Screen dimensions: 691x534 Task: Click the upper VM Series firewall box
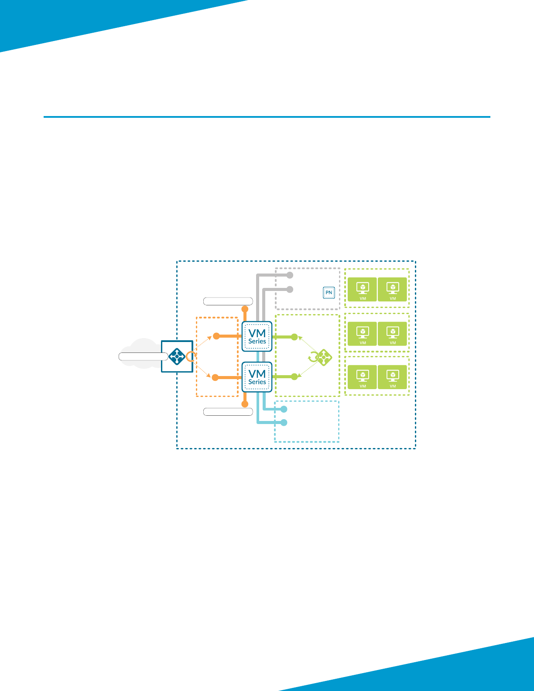coord(257,336)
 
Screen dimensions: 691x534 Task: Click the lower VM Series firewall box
coord(257,377)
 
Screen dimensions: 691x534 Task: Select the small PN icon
coord(329,292)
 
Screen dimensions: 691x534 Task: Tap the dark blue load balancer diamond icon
coord(177,356)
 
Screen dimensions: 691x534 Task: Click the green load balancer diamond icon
coord(323,357)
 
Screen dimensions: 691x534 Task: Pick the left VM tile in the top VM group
coord(363,289)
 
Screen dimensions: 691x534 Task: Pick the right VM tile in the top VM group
coord(393,289)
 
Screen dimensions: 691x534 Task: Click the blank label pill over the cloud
coord(143,356)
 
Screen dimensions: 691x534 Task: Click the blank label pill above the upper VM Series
coord(228,301)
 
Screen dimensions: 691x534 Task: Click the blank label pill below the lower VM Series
coord(228,411)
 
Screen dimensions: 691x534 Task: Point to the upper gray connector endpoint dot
coord(290,275)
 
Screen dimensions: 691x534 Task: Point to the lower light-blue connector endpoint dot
coord(284,422)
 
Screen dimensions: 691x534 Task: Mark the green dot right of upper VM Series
coord(294,337)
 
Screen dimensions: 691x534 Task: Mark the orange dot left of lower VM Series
coord(215,377)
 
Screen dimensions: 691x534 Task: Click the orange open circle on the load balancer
coord(190,356)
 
